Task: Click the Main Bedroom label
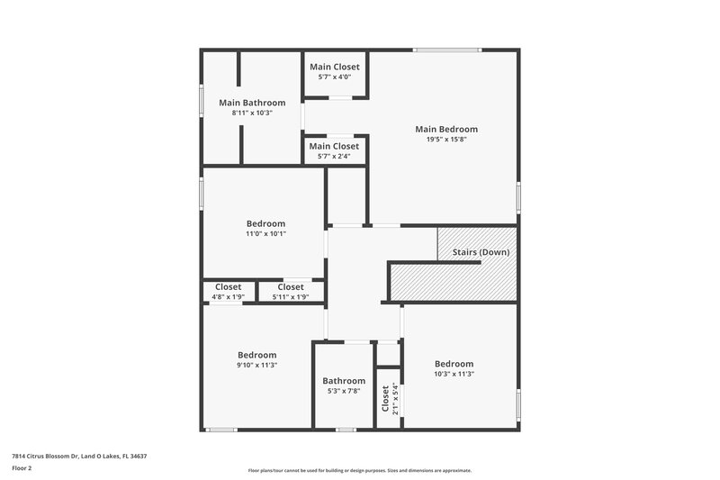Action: [x=445, y=129]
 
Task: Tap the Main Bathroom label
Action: [x=252, y=103]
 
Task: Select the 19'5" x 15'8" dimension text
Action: [x=445, y=140]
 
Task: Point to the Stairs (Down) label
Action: [x=480, y=252]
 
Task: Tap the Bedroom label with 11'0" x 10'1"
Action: [x=265, y=223]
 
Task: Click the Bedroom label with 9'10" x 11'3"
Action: [x=256, y=355]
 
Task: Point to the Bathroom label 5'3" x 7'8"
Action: [x=344, y=381]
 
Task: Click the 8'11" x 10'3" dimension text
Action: [x=252, y=113]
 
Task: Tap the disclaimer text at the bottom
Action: [x=359, y=470]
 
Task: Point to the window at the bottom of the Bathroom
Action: [x=345, y=430]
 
